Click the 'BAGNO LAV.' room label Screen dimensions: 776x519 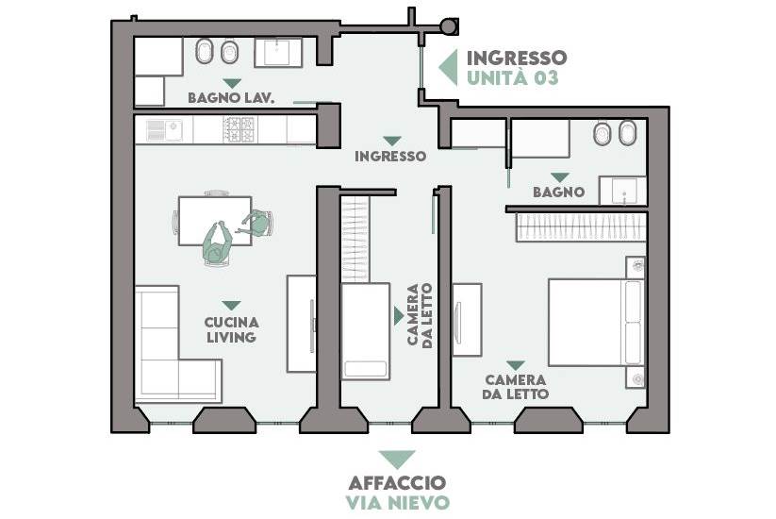[231, 97]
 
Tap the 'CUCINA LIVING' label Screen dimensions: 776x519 [232, 330]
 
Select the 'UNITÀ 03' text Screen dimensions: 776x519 [513, 77]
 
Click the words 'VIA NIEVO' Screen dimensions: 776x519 [398, 502]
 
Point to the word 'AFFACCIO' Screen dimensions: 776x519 [397, 482]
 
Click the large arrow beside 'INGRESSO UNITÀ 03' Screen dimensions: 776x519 [448, 67]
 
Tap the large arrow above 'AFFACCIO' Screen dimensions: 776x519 [397, 460]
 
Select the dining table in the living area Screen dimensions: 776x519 [215, 221]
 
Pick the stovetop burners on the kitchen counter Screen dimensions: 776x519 [239, 130]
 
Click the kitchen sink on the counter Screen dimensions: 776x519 [164, 130]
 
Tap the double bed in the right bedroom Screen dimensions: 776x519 [596, 323]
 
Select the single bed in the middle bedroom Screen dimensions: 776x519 [365, 331]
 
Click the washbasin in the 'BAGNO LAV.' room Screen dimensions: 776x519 [277, 53]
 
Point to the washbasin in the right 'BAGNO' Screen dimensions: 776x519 [623, 191]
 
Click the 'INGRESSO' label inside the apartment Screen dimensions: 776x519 [390, 156]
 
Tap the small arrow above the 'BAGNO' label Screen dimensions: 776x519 [560, 177]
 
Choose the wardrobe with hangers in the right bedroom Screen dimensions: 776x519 [581, 227]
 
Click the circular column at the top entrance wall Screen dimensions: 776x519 [450, 25]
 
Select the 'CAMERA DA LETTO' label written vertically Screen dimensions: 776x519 [420, 315]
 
